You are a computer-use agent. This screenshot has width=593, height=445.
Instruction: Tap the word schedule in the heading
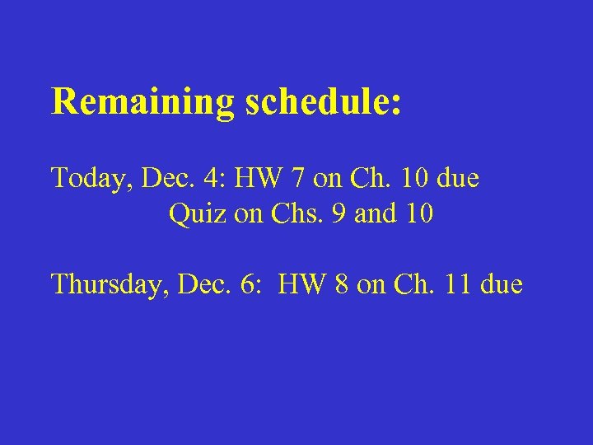click(x=317, y=102)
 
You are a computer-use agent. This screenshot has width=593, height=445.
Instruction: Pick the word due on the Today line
click(x=458, y=178)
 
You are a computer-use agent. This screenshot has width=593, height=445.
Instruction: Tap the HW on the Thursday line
click(x=299, y=285)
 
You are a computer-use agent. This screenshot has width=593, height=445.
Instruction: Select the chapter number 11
click(x=458, y=285)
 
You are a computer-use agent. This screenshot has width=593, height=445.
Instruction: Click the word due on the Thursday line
click(x=500, y=285)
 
